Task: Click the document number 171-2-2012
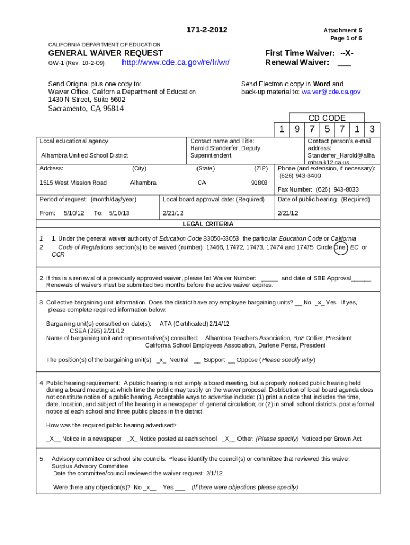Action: click(204, 30)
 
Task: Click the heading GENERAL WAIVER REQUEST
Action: click(105, 53)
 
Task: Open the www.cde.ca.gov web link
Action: click(176, 63)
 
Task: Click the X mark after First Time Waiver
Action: click(348, 53)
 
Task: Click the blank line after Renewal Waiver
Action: click(344, 63)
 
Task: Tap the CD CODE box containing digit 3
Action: click(373, 129)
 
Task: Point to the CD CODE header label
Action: click(327, 118)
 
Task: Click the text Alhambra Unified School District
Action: click(85, 155)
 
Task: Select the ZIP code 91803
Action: click(259, 183)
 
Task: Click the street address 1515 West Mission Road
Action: click(73, 183)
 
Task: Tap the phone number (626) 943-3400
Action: click(300, 175)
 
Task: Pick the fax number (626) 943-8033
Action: click(338, 189)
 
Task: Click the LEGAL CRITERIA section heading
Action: click(208, 224)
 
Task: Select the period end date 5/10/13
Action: click(119, 213)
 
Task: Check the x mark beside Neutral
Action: click(161, 360)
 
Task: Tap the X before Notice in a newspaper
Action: click(52, 439)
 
